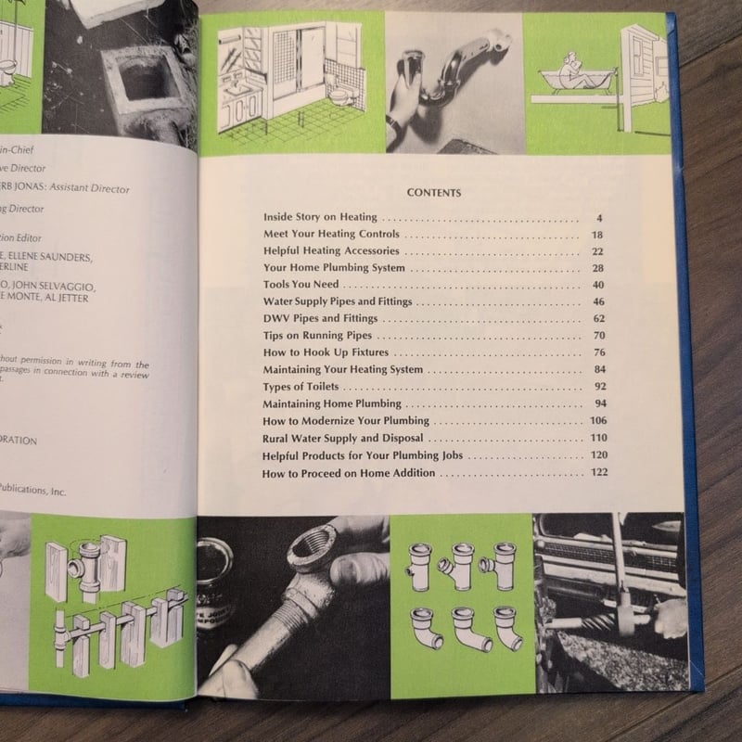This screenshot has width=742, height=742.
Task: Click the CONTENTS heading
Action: [434, 193]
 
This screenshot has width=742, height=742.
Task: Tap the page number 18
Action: [596, 235]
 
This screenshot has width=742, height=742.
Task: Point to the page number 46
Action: [596, 302]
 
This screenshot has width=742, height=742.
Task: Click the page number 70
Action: [596, 336]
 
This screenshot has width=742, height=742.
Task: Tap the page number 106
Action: [595, 421]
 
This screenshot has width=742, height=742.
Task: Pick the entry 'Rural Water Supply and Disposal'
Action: [342, 438]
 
